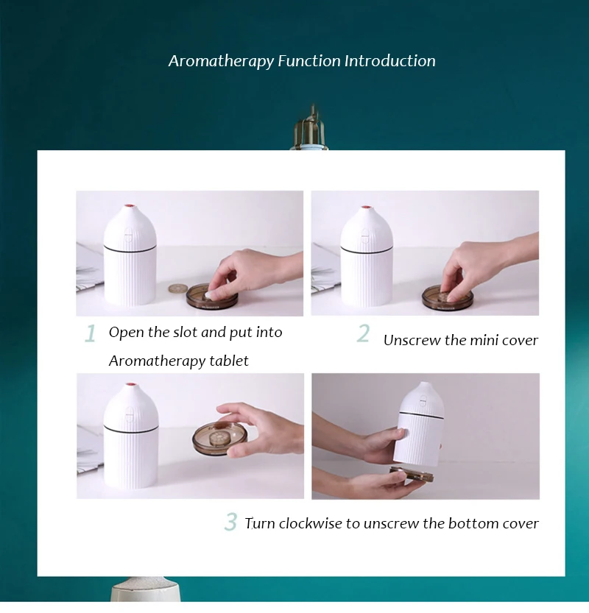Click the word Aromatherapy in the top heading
point(222,61)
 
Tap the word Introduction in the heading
point(390,60)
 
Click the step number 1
point(91,333)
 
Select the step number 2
point(363,333)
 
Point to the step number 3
point(230,522)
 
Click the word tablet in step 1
point(229,361)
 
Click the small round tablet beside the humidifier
point(177,289)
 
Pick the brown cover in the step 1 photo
point(211,297)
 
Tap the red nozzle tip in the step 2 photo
point(366,208)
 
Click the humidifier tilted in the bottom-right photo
point(418,424)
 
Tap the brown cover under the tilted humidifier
point(412,474)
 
